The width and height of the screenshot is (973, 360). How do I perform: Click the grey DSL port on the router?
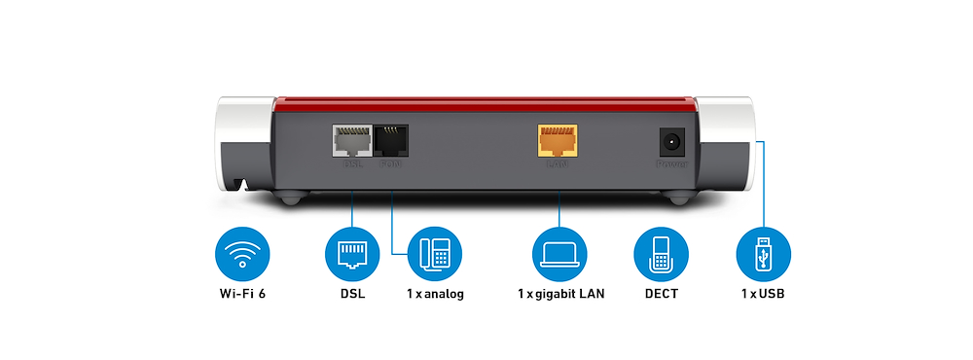[x=350, y=141]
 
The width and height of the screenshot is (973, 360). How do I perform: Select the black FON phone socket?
[x=390, y=141]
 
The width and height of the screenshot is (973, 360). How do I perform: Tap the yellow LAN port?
[x=558, y=140]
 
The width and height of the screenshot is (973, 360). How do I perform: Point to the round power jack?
[x=671, y=143]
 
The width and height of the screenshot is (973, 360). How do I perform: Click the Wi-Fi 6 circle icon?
[x=241, y=255]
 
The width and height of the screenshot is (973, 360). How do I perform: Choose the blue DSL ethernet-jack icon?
[x=351, y=255]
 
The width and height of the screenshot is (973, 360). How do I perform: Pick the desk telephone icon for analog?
[x=435, y=255]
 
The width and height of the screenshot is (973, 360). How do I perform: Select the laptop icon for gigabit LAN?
[x=559, y=255]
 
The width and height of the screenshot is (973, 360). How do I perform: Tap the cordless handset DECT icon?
[x=661, y=255]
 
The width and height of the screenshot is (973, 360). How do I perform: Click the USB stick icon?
[x=763, y=255]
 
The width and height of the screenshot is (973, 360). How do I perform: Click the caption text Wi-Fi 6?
[x=241, y=293]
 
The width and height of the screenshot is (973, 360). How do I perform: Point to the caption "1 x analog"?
[x=435, y=293]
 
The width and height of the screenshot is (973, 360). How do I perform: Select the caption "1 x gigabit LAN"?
[x=560, y=293]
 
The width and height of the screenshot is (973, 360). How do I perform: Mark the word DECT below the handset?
[x=661, y=293]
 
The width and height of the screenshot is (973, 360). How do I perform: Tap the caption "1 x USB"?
[x=763, y=293]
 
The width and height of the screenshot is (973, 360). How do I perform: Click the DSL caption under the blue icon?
[x=351, y=293]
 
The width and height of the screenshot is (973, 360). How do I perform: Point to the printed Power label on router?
[x=671, y=165]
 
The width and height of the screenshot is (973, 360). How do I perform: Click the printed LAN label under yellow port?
[x=558, y=164]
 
